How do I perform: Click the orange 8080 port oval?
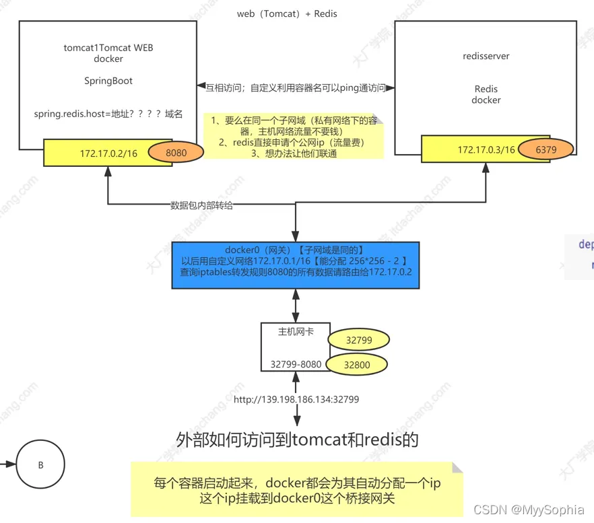click(x=176, y=153)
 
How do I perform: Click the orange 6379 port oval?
click(x=546, y=149)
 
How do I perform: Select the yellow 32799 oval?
click(x=358, y=340)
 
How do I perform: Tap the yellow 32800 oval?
click(x=357, y=365)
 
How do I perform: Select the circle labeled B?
click(x=40, y=464)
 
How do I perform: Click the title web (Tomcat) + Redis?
click(x=287, y=13)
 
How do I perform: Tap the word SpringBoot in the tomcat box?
click(x=108, y=81)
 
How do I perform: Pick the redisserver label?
click(x=486, y=56)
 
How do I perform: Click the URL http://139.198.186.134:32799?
click(x=296, y=399)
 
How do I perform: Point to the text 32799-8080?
click(x=296, y=364)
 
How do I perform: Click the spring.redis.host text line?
click(x=108, y=114)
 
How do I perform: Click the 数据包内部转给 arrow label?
click(x=201, y=205)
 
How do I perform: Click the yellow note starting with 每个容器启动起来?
click(x=296, y=490)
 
